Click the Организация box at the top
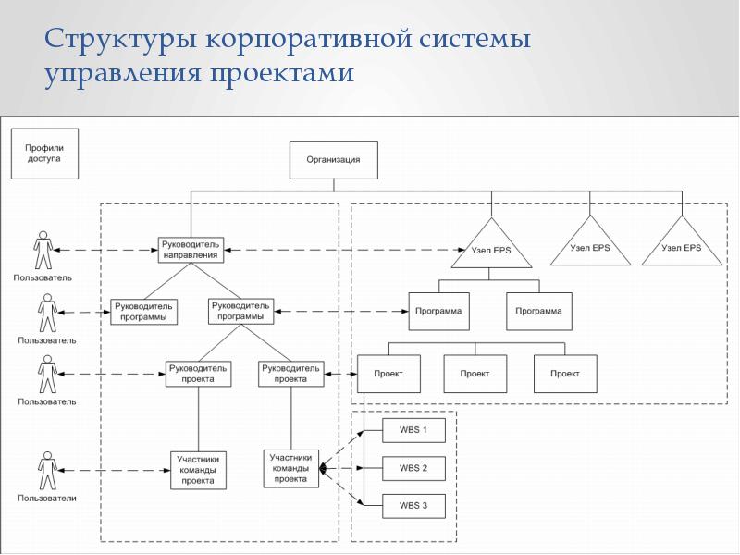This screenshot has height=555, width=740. point(334,159)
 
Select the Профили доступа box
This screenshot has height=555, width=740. point(43,153)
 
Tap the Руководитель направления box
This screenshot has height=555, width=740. point(190,248)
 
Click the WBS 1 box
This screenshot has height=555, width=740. point(413,431)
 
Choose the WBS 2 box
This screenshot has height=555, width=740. point(413,468)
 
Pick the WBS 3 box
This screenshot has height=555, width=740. point(413,506)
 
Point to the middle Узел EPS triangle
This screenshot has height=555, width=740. point(589,244)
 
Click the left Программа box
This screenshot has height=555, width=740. point(436,312)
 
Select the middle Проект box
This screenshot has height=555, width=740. point(475,374)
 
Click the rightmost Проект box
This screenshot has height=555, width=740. point(565,374)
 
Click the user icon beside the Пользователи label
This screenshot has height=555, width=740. point(44,470)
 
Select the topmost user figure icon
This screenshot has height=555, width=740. point(43,251)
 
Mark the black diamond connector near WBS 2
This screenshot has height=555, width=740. point(323,470)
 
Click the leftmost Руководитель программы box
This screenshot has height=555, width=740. point(143,312)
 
